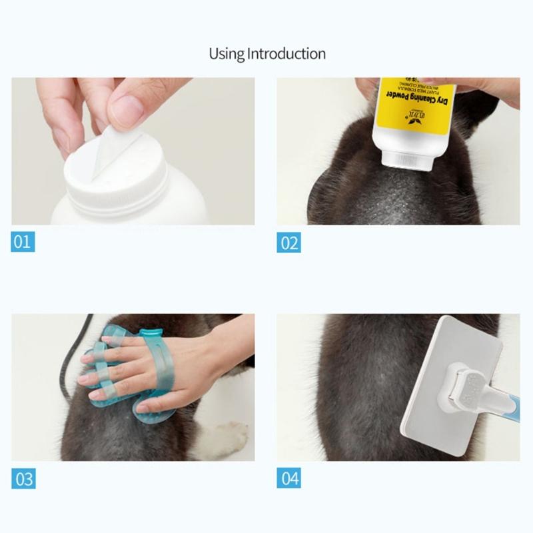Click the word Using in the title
point(227,53)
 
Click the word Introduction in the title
point(286,53)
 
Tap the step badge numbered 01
point(23,241)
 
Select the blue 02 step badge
point(288,243)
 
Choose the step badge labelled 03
point(23,478)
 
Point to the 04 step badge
point(288,478)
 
